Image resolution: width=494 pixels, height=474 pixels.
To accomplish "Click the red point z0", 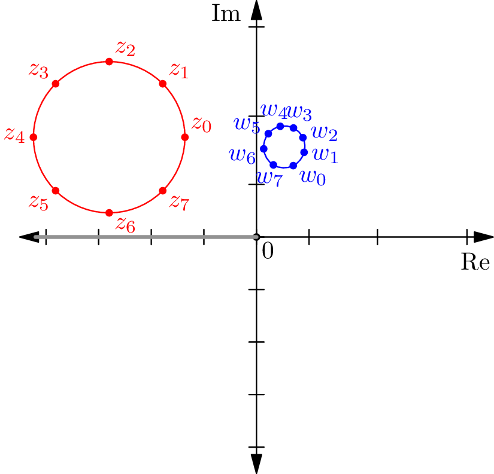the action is coord(185,137).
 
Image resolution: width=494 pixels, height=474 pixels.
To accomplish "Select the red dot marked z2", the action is coord(109,62).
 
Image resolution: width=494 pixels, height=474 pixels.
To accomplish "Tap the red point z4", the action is coord(34,137).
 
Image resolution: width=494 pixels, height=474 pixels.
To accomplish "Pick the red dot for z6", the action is coord(109,213).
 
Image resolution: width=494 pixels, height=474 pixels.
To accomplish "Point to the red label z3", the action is coord(39,71).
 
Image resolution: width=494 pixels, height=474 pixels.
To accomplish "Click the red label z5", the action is coord(39,203).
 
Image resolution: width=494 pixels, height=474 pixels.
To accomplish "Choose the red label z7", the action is coord(180,203).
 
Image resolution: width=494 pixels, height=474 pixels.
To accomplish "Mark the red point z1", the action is coord(162,84).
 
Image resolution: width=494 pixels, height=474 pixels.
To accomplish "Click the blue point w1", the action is coord(304,152).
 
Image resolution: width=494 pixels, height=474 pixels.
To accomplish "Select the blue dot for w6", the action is coord(263,148).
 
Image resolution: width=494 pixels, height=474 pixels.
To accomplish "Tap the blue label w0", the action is coord(313,178).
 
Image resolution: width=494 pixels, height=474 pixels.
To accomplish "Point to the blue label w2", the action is coord(325,133).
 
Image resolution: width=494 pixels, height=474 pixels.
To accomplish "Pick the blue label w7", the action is coord(270,179).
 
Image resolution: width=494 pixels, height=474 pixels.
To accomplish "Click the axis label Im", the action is coord(226,13).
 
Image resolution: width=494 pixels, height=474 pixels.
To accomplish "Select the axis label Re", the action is coord(475,261).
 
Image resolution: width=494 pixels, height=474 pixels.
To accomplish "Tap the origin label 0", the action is coord(268,251).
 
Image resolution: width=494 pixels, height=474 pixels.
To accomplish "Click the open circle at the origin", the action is coord(256,237).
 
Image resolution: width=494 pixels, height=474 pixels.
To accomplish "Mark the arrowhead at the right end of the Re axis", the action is coord(484,237).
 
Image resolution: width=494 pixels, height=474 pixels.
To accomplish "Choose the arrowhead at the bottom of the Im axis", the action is coord(256,464).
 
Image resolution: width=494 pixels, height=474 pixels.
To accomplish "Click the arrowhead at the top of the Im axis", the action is coord(256,10).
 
